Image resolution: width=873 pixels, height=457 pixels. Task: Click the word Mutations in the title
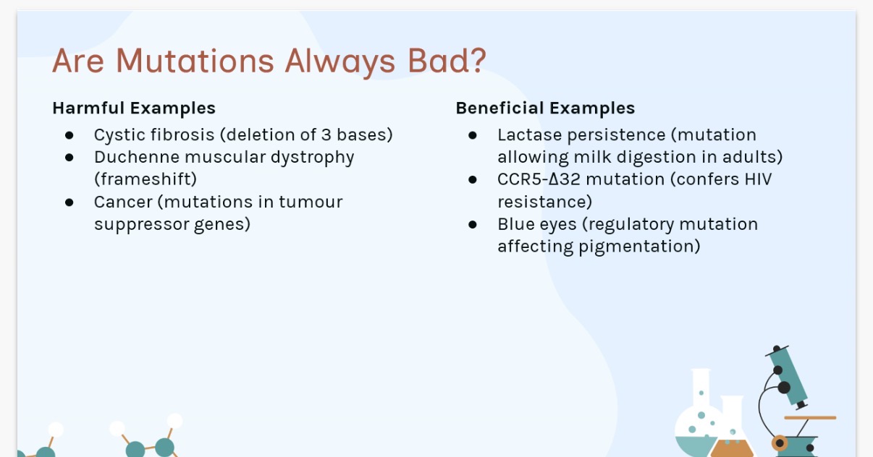pos(195,61)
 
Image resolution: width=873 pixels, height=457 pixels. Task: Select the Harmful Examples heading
pos(134,108)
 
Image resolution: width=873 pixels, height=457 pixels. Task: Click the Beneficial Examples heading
pos(545,108)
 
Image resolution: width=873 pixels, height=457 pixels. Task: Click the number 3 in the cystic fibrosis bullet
pos(326,134)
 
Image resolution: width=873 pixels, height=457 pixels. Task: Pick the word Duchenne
pos(136,157)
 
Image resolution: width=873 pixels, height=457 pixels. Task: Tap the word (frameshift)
pos(145,179)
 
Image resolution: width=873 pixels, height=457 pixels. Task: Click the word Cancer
pos(123,202)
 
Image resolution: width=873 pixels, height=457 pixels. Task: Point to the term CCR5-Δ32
pos(539,179)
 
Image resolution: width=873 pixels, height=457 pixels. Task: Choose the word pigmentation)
pos(639,247)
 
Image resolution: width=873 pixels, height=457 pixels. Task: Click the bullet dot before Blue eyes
pos(473,225)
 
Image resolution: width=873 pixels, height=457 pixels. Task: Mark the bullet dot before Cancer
pos(69,202)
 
